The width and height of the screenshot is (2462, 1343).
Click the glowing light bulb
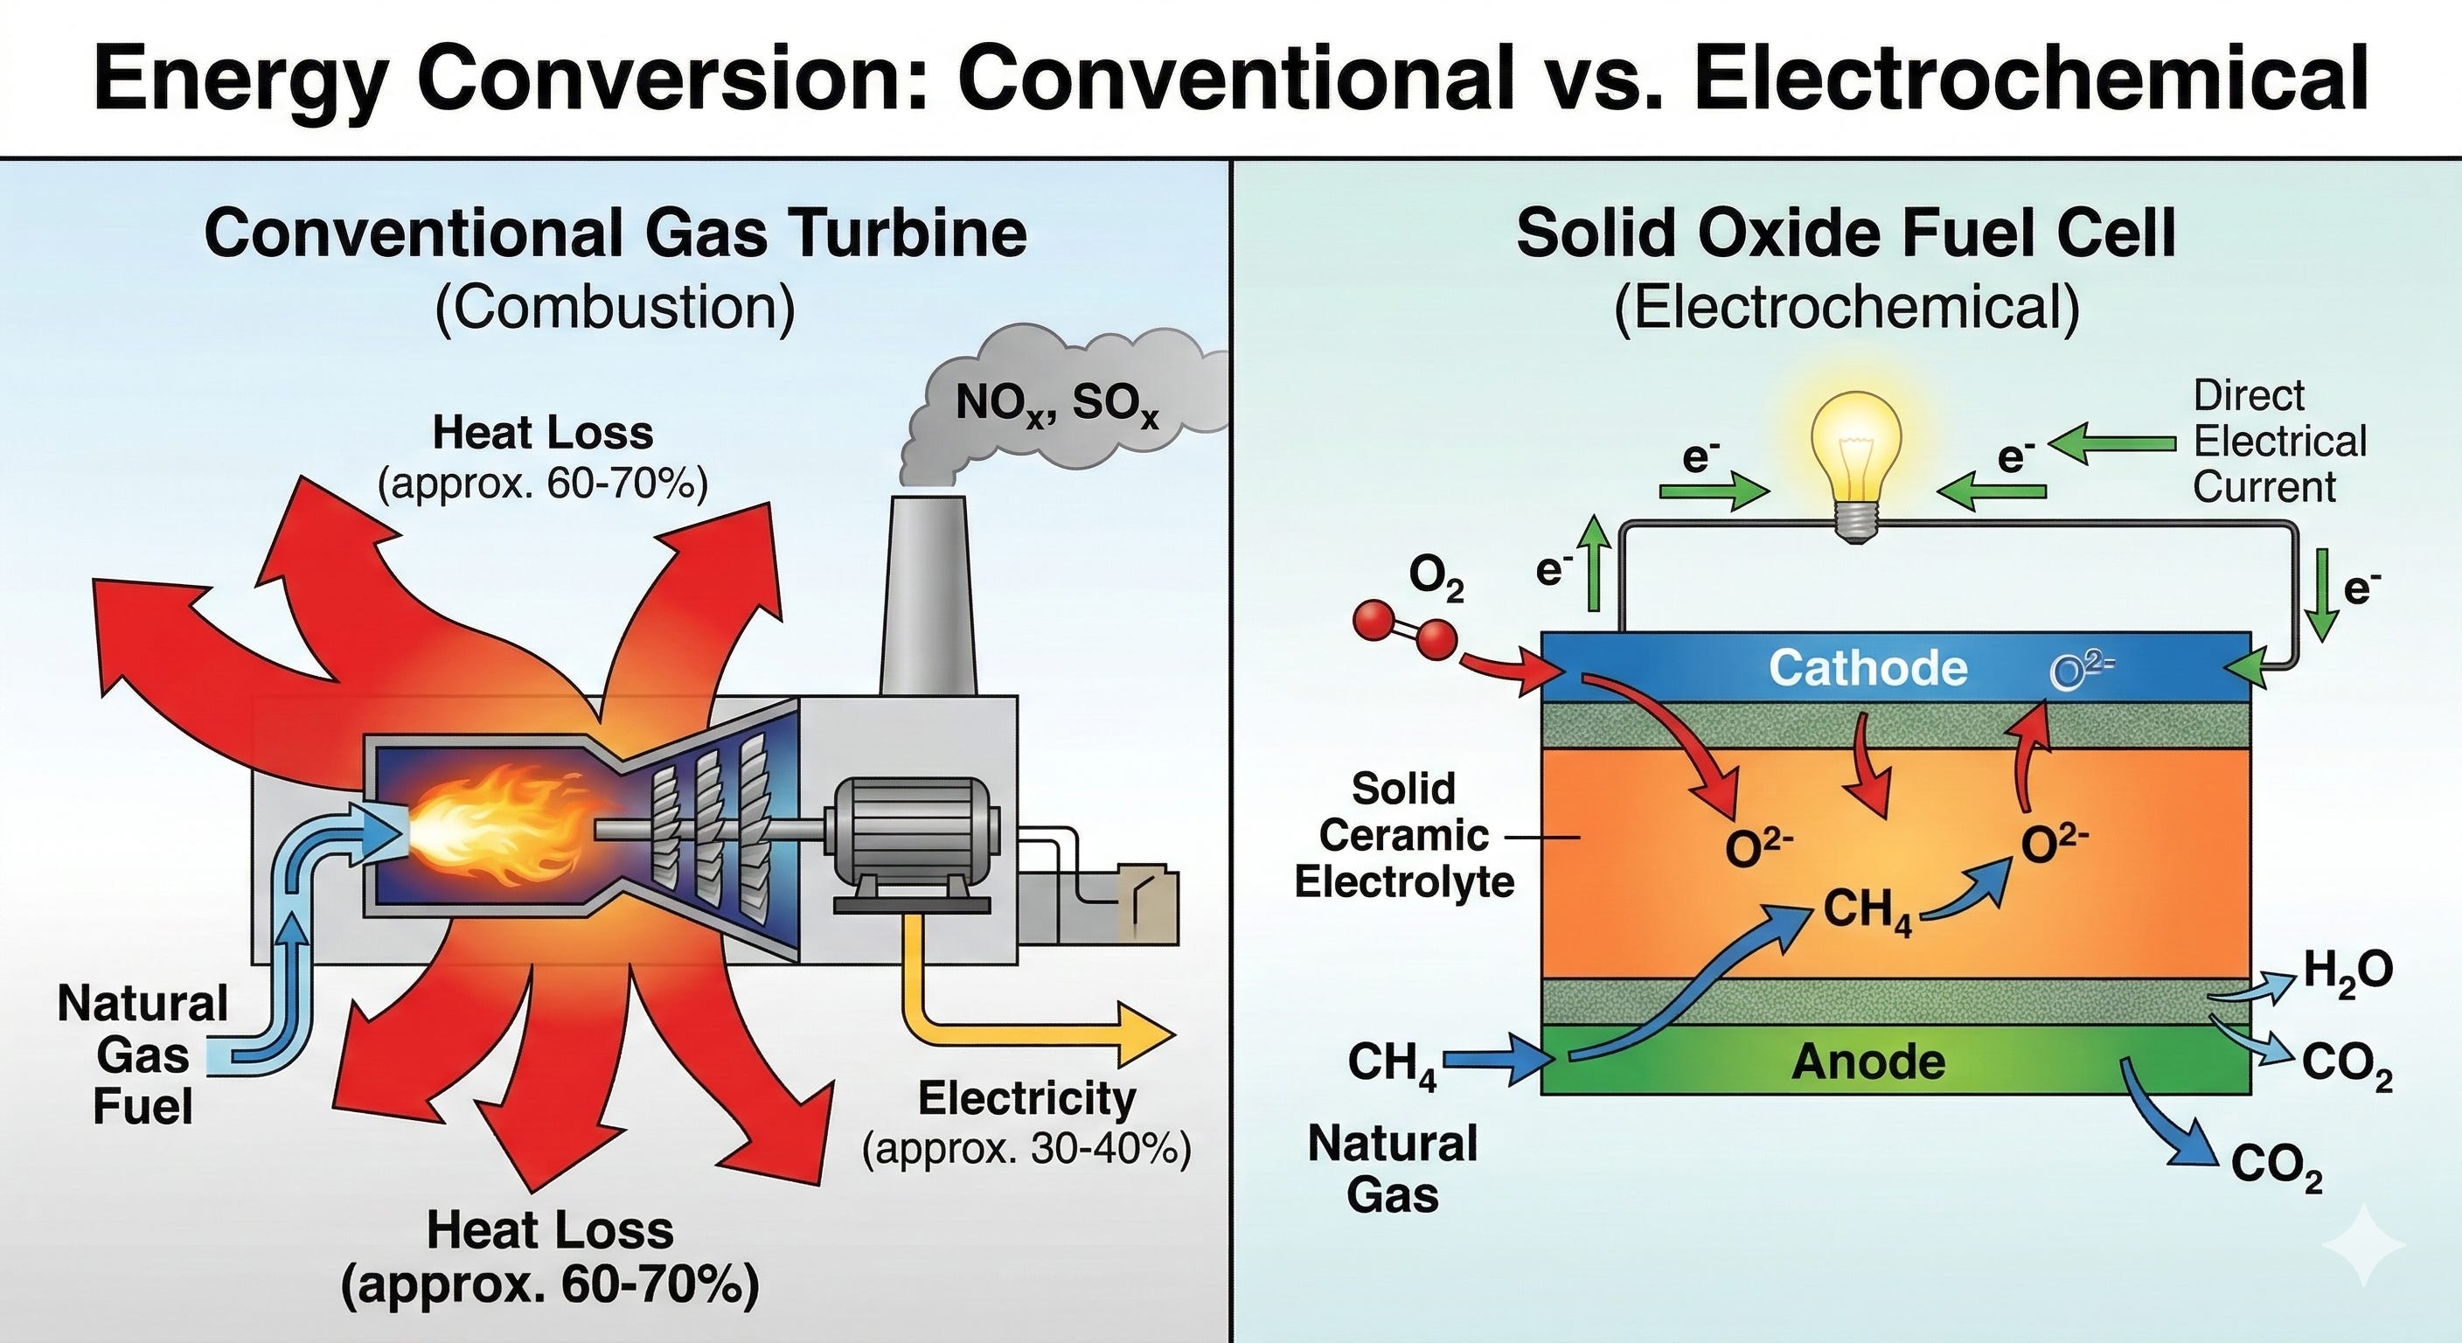click(1855, 459)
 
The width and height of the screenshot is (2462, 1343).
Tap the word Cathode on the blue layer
click(1867, 667)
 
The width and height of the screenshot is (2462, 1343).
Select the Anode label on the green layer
click(1867, 1061)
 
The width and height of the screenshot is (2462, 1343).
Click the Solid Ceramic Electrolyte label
click(1404, 835)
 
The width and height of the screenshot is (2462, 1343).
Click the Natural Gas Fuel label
click(143, 1054)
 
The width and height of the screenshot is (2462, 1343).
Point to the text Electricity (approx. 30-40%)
click(1026, 1124)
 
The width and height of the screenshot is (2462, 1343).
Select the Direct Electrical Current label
click(2278, 442)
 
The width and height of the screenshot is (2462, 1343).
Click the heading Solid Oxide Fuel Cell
click(1846, 233)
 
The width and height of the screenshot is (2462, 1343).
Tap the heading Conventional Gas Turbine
click(615, 233)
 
